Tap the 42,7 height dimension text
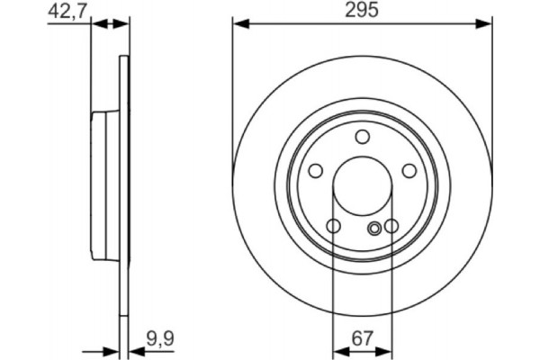pyautogui.click(x=65, y=11)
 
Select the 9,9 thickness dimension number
pyautogui.click(x=159, y=339)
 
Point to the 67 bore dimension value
pyautogui.click(x=362, y=338)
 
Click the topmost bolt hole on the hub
pyautogui.click(x=362, y=137)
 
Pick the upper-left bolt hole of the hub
pyautogui.click(x=316, y=171)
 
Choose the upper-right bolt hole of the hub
pyautogui.click(x=408, y=171)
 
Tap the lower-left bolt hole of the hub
pyautogui.click(x=333, y=226)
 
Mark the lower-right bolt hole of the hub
pyautogui.click(x=391, y=226)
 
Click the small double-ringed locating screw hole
pyautogui.click(x=375, y=229)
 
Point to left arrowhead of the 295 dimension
pyautogui.click(x=238, y=24)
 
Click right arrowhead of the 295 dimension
pyautogui.click(x=487, y=24)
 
